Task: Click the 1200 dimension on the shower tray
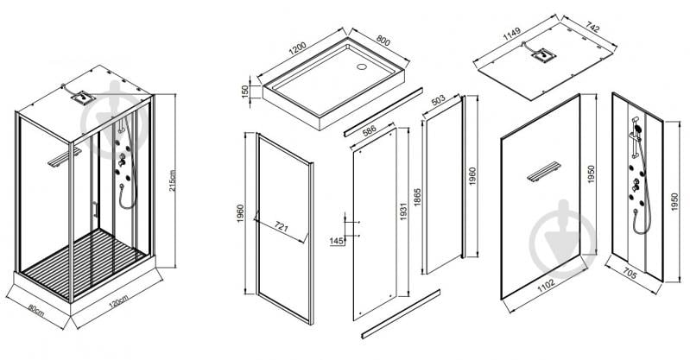297,49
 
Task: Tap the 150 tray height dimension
245,92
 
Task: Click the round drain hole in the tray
362,67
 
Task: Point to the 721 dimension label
282,228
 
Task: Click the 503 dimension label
439,101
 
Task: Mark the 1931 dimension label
403,212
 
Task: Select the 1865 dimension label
418,197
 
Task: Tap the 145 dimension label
337,241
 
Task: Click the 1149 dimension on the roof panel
512,34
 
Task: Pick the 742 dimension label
592,28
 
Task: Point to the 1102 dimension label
545,285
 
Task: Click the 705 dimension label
630,275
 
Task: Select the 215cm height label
172,180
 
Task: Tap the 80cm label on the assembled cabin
36,310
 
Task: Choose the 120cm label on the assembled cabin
118,303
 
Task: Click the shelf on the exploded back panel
544,172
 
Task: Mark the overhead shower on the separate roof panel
543,55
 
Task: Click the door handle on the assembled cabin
95,210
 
